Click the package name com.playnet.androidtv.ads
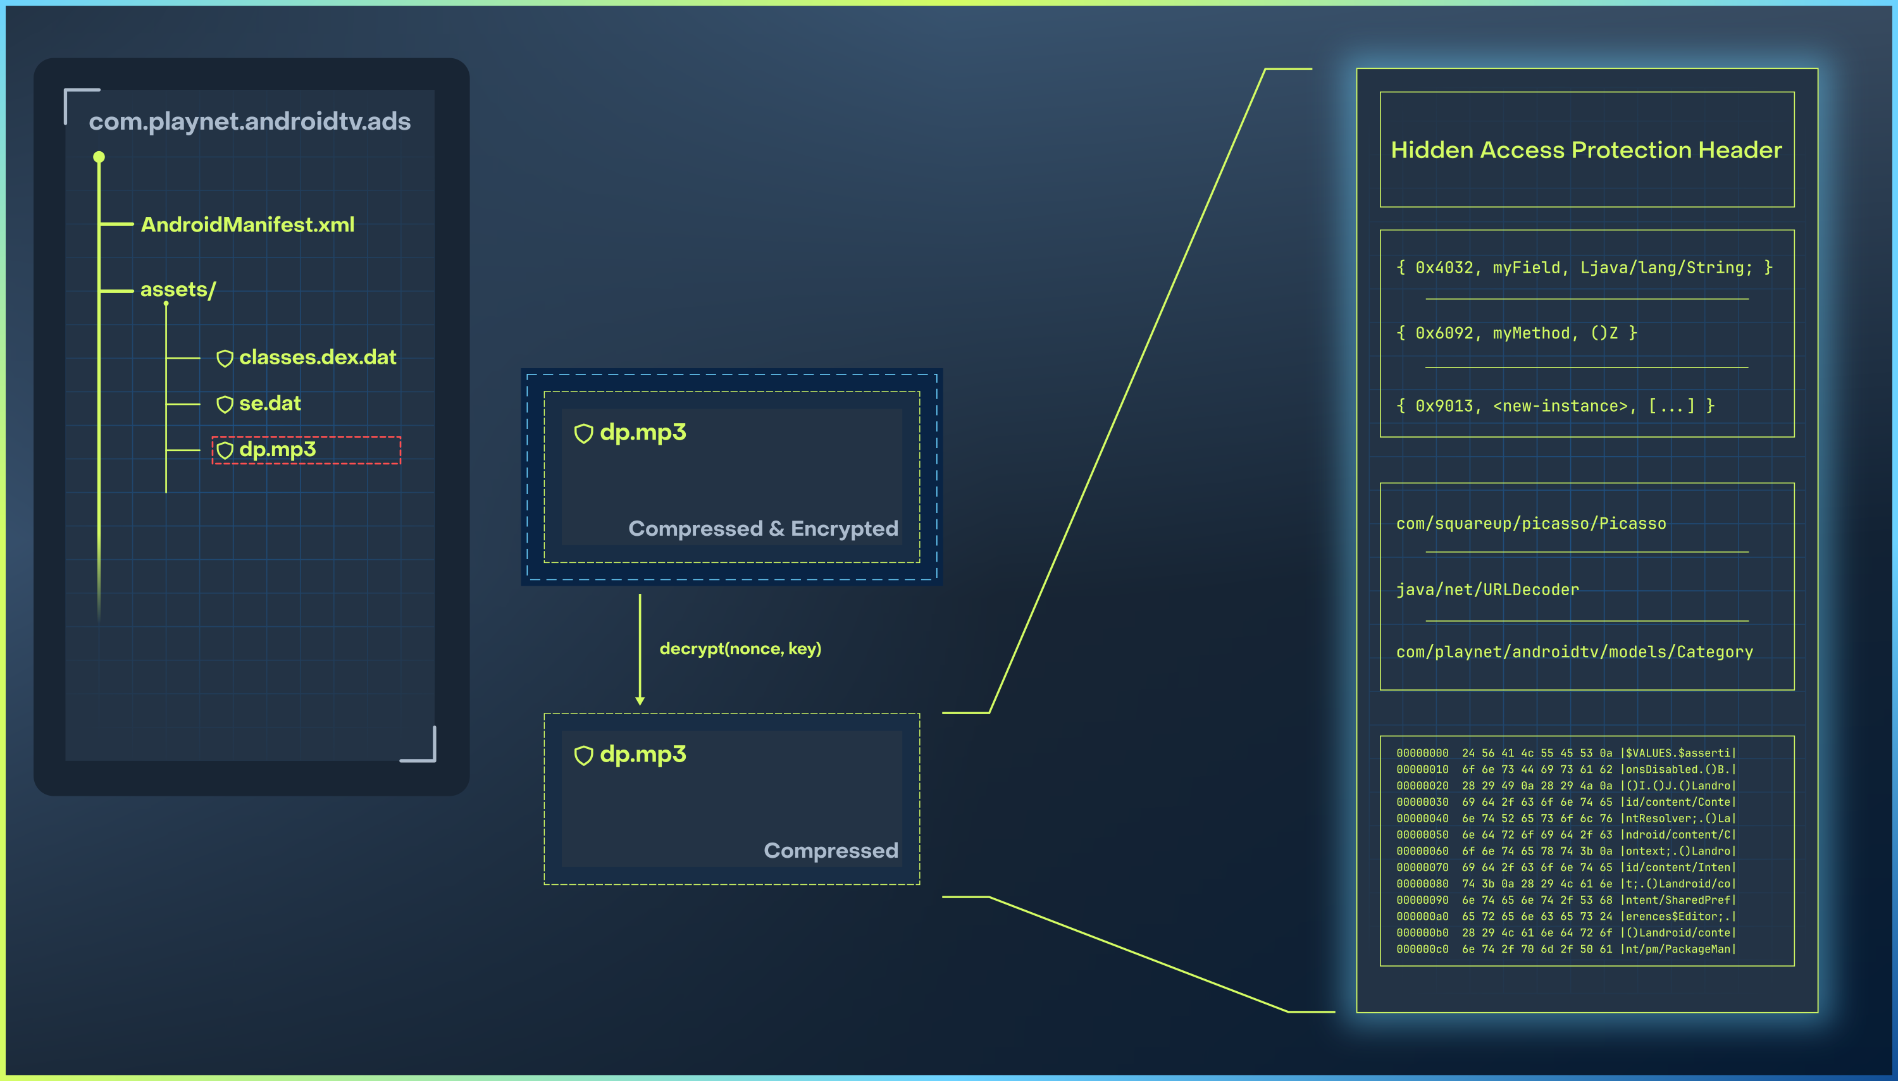click(249, 121)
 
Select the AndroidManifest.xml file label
click(247, 224)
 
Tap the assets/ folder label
click(178, 290)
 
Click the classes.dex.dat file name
click(317, 357)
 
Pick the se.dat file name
click(270, 403)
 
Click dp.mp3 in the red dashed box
click(277, 449)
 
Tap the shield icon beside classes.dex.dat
click(224, 359)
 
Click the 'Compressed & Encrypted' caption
click(762, 528)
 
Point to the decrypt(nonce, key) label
click(740, 648)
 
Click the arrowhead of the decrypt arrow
click(640, 700)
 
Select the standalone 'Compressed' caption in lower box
click(830, 850)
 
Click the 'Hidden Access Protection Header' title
click(1586, 150)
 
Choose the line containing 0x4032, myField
click(1584, 268)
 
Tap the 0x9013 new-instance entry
click(1554, 405)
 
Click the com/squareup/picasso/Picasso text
click(1530, 524)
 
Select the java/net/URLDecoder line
click(1487, 590)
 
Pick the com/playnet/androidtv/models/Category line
click(1574, 652)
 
